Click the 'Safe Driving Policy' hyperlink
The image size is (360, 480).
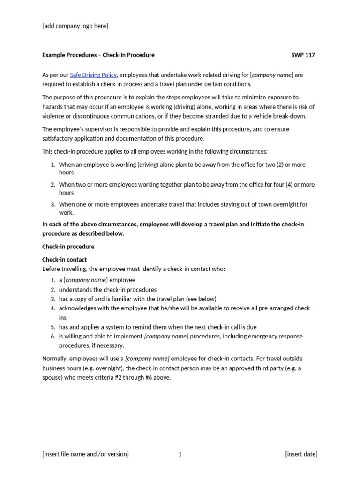coord(93,75)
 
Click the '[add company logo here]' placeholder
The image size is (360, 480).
coord(75,26)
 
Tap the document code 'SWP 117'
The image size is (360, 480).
coord(303,55)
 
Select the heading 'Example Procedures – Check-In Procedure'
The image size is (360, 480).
coord(98,55)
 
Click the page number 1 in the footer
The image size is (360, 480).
coord(180,454)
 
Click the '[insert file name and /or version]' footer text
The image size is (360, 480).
coord(85,454)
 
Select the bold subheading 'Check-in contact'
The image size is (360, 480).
coord(65,260)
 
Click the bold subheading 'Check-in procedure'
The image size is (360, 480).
coord(68,247)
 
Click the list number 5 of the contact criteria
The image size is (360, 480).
coord(53,327)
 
